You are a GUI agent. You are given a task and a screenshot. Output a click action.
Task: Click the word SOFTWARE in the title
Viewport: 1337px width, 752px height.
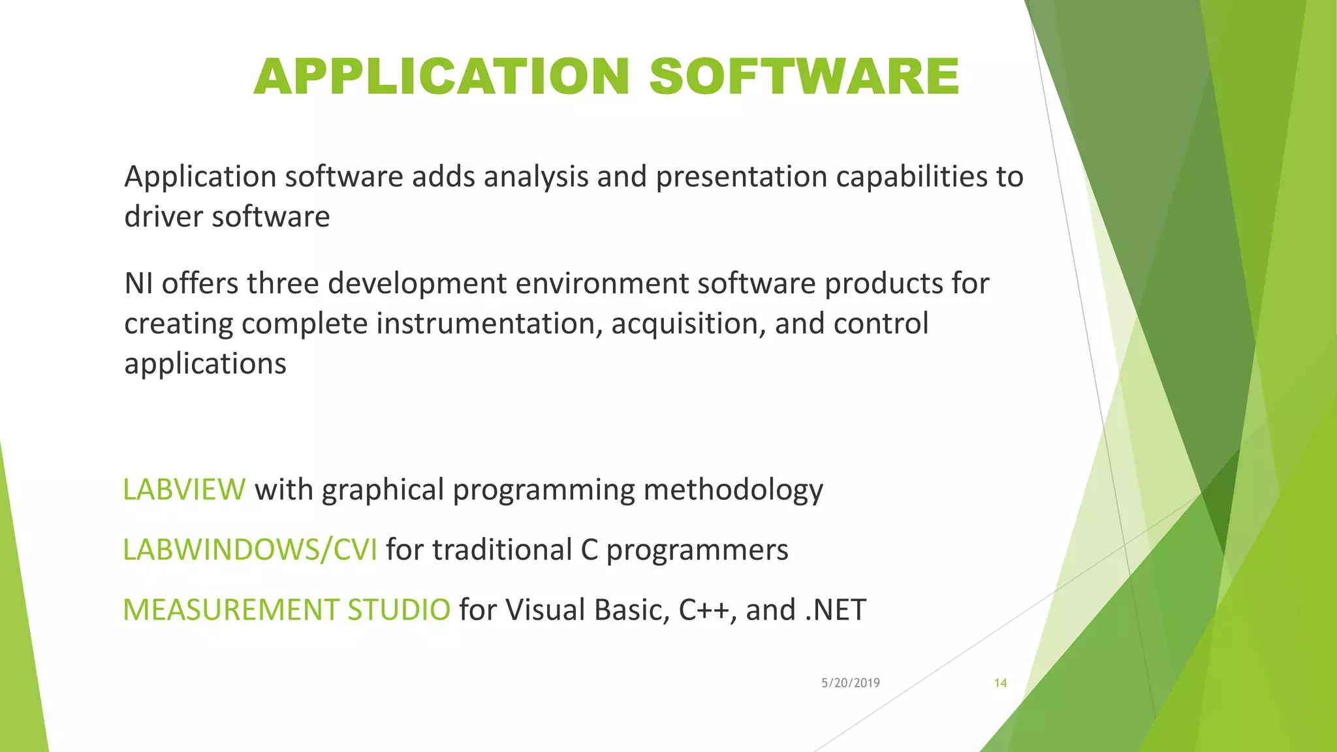click(804, 77)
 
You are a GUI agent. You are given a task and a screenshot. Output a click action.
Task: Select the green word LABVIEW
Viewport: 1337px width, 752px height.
click(184, 490)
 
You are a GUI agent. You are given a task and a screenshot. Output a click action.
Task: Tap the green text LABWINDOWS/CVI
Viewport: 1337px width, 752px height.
click(250, 550)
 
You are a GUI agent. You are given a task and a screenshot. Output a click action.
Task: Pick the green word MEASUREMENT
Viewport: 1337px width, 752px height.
click(230, 610)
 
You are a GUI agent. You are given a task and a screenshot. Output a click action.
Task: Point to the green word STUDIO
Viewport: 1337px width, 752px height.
click(398, 610)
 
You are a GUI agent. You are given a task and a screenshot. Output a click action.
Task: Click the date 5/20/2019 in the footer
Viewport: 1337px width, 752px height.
click(850, 683)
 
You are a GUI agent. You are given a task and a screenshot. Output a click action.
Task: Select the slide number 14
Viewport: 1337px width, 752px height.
click(1000, 683)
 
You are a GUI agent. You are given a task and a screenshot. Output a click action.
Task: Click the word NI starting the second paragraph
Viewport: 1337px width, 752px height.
click(138, 283)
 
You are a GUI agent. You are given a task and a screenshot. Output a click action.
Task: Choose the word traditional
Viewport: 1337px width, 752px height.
click(502, 550)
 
